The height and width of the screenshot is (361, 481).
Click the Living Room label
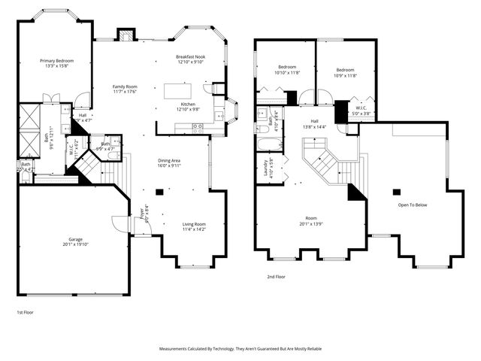point(194,226)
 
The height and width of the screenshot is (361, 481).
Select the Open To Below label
point(413,204)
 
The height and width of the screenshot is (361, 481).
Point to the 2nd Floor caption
point(276,277)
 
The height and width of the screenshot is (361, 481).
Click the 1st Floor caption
point(25,311)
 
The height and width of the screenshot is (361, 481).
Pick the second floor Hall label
point(315,124)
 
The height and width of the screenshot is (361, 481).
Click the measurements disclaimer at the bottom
point(240,349)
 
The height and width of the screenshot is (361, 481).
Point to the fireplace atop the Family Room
point(126,35)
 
